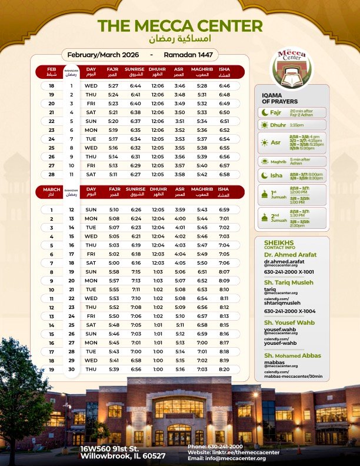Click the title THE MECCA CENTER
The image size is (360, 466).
click(x=180, y=25)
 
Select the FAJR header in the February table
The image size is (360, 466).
click(x=113, y=72)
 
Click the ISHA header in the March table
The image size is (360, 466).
click(x=224, y=191)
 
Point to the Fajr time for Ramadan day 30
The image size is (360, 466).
click(x=113, y=369)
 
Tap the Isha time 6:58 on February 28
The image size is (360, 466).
click(x=224, y=175)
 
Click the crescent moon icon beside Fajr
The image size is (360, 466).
click(x=264, y=112)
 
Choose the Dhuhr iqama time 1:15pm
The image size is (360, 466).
click(x=296, y=125)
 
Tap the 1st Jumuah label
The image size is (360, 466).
click(x=277, y=194)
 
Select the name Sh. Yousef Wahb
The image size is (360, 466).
click(x=289, y=322)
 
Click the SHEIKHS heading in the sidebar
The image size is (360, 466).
click(x=278, y=242)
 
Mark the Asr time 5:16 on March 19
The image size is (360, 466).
click(x=179, y=369)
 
